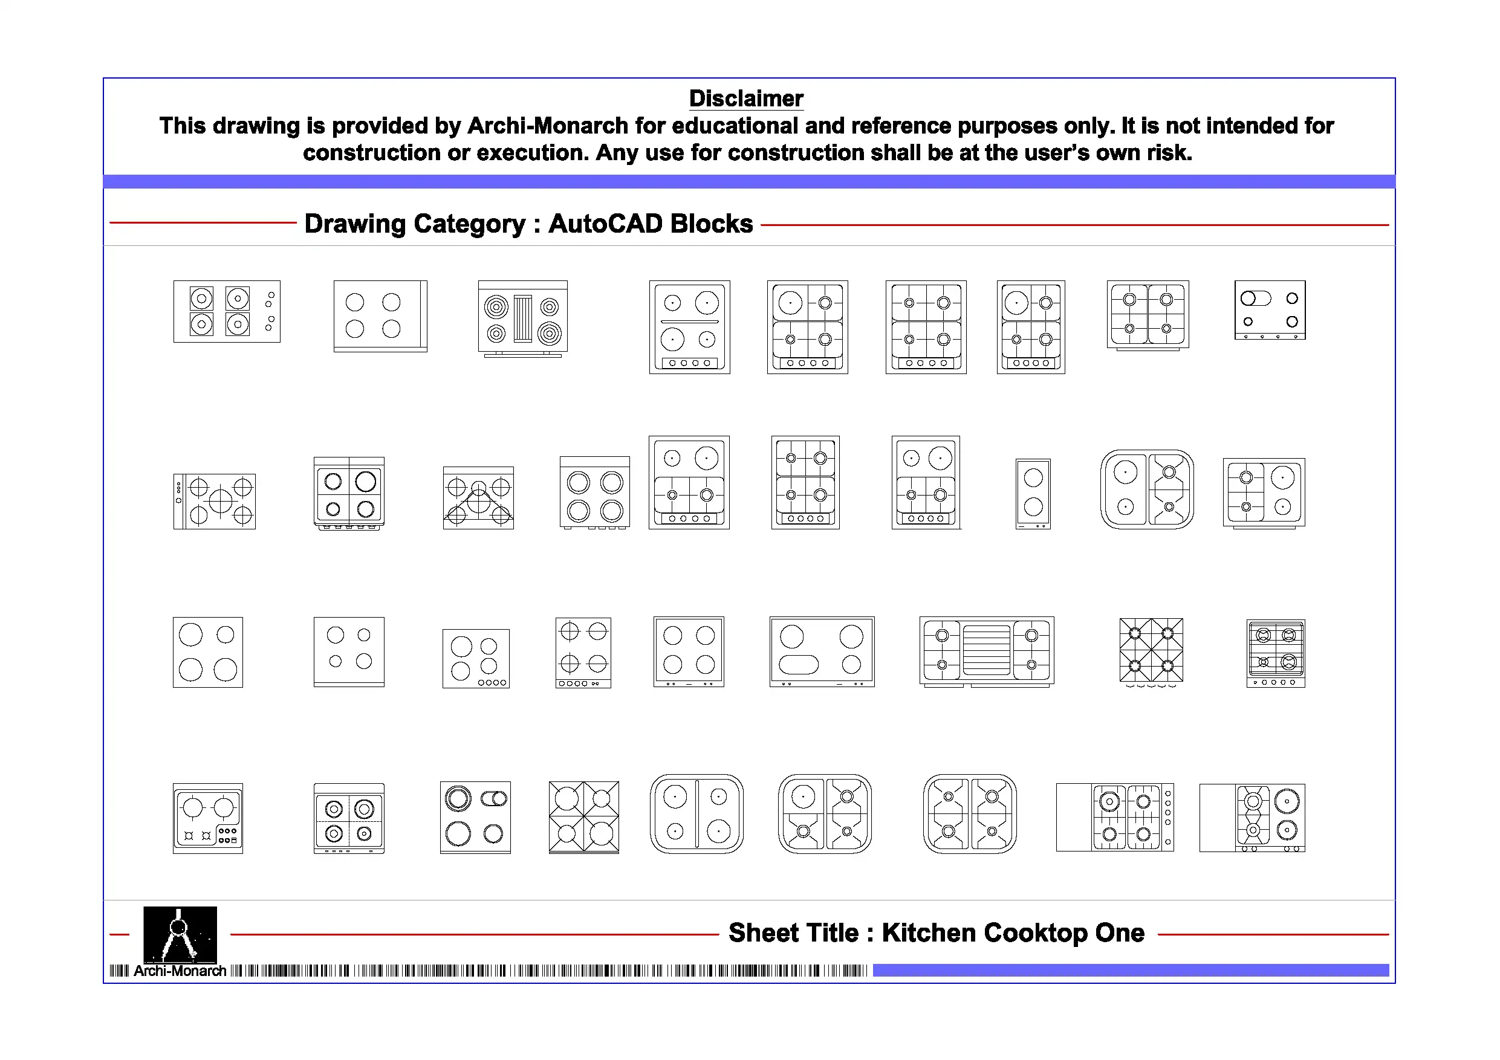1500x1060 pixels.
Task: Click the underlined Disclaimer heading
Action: (746, 99)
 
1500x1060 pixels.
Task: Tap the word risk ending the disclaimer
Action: (1174, 153)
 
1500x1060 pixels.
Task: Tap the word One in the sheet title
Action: (1119, 932)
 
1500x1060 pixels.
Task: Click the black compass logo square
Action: (180, 934)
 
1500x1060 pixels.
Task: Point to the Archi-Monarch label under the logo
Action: (180, 971)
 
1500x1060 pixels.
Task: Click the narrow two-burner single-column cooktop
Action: (1033, 494)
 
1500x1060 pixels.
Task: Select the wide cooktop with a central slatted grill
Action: (987, 651)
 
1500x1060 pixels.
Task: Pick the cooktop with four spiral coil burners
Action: (522, 318)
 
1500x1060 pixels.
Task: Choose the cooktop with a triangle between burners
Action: (478, 498)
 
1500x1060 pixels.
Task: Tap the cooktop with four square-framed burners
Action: (227, 312)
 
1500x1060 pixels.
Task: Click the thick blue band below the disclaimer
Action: (748, 181)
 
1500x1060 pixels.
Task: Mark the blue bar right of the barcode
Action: (1130, 971)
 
